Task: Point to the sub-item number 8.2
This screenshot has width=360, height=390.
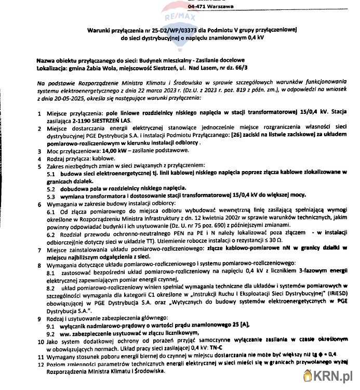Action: pyautogui.click(x=51, y=287)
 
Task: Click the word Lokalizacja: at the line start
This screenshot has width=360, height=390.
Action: pyautogui.click(x=55, y=68)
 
